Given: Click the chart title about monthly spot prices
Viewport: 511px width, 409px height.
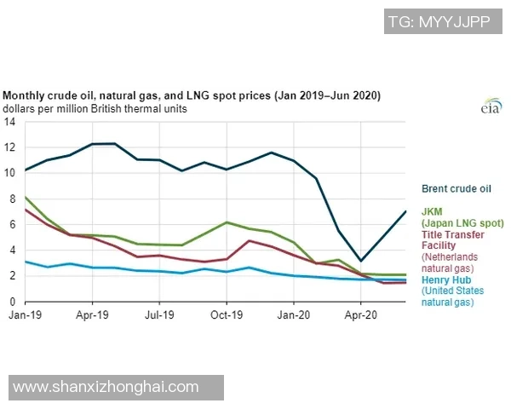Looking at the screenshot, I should pos(191,95).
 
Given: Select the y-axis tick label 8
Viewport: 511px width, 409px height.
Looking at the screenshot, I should pos(11,199).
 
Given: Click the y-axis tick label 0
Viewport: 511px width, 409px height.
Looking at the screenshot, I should pos(11,302).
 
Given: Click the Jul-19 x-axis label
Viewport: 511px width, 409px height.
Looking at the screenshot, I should pos(159,314).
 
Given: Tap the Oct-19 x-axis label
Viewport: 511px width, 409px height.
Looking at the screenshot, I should pos(227,314).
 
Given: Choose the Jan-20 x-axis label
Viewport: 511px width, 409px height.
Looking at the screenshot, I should pos(294,314).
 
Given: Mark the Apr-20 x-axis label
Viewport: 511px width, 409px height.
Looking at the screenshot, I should pos(360,314).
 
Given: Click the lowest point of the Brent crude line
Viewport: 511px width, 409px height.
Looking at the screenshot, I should pos(361,261).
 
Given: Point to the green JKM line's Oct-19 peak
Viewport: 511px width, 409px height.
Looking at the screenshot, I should pos(227,222).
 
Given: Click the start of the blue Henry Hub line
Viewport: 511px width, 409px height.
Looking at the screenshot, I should pos(26,262).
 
